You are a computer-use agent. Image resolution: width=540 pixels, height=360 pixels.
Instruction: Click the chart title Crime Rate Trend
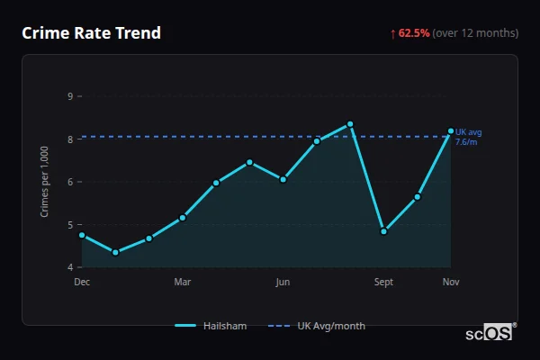91,33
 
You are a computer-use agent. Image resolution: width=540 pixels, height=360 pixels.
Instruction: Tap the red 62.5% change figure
414,33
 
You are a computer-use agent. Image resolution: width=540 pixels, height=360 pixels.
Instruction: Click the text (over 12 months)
475,33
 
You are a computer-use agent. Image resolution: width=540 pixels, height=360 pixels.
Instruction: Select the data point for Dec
82,235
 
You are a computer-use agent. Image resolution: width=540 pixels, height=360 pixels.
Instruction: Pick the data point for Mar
183,218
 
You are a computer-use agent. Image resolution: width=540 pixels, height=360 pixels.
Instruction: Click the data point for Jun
283,179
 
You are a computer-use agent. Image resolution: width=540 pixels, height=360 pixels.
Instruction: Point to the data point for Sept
383,231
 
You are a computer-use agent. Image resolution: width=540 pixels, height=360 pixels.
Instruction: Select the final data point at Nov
451,131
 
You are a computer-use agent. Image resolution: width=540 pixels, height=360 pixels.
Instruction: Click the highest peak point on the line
350,124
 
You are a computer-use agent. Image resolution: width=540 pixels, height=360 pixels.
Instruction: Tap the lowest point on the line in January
115,252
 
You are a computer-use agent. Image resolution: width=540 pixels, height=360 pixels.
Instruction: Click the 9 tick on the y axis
70,95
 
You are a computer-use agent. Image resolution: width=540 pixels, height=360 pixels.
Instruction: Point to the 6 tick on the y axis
70,182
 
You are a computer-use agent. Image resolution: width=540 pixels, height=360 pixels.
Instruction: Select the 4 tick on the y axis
70,267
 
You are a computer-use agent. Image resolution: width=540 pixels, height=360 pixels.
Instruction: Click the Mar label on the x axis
183,282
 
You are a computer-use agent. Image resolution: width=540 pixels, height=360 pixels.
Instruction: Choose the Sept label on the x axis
383,282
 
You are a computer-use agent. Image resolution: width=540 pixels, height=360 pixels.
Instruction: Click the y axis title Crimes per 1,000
45,181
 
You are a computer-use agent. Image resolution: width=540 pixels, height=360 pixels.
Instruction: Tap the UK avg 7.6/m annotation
468,137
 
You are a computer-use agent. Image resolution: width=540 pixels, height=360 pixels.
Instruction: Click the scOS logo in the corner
489,333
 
